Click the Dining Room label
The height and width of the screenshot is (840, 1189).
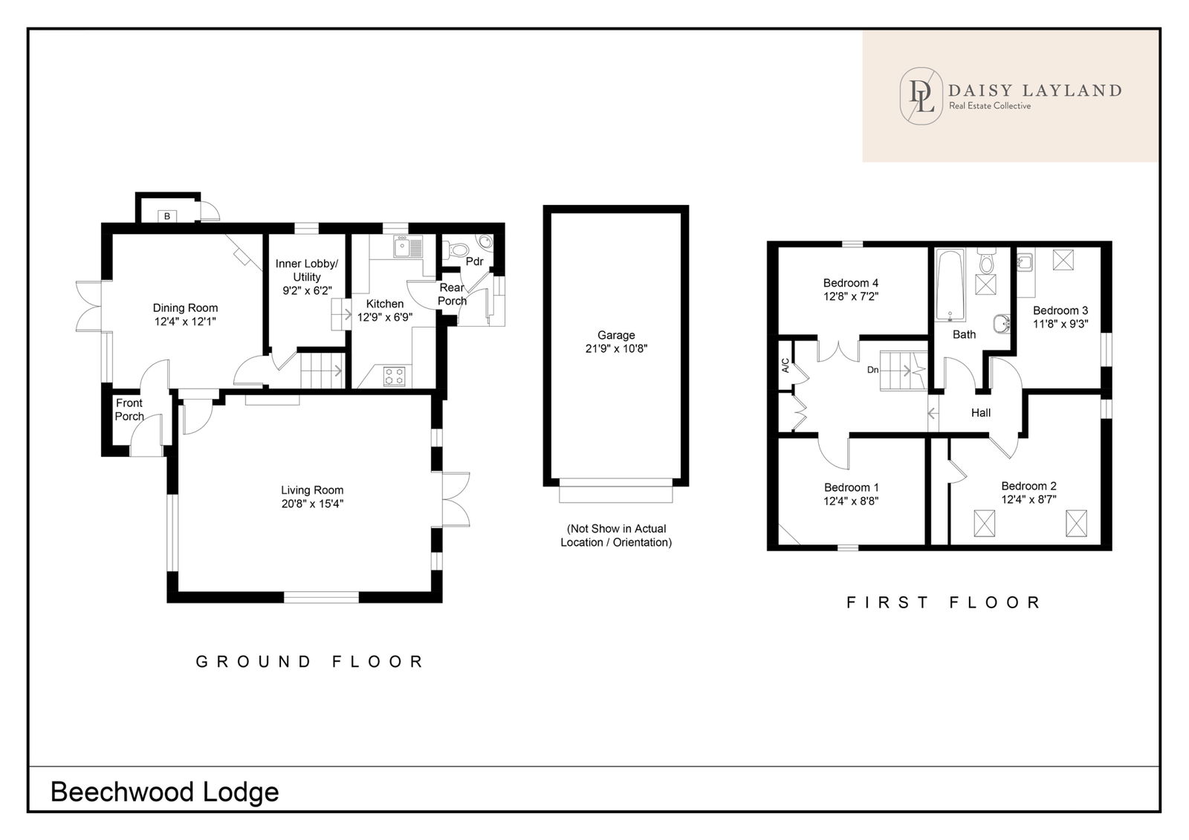185,307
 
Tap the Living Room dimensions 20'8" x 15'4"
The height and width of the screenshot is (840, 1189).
312,504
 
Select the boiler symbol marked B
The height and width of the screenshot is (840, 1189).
167,216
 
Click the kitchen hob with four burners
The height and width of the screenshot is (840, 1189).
394,377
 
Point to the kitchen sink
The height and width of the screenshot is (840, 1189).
408,247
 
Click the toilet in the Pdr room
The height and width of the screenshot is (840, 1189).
456,250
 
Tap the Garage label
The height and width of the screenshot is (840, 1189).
616,335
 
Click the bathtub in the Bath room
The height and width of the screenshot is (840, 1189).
950,285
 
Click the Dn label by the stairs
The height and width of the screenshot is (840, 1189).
872,370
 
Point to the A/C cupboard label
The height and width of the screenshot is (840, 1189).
785,365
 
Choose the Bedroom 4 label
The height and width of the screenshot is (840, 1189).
850,283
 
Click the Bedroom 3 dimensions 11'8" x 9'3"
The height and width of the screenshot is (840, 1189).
1060,324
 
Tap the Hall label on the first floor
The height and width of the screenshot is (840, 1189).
981,413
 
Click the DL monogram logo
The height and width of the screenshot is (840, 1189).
921,96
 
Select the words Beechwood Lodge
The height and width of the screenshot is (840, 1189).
164,792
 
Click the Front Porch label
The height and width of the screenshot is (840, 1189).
129,410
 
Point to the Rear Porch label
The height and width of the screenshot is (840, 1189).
453,294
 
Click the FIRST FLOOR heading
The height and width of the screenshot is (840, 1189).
944,602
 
